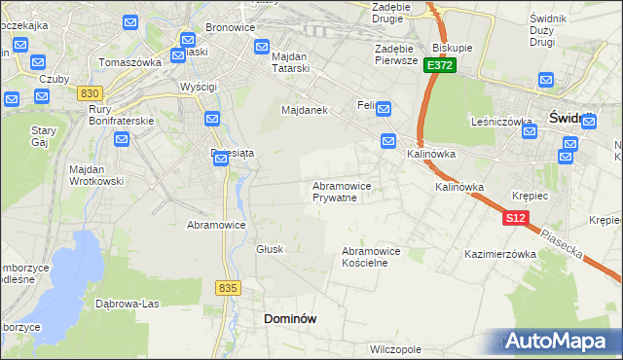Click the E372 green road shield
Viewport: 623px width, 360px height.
click(x=439, y=65)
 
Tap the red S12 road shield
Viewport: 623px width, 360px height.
click(x=516, y=219)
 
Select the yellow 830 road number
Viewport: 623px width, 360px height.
click(x=90, y=92)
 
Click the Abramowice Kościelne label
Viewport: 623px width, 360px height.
click(x=371, y=257)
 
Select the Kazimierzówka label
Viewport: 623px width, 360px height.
click(x=501, y=254)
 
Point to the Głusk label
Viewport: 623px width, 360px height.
click(x=270, y=249)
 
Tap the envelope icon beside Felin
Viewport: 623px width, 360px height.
click(x=384, y=109)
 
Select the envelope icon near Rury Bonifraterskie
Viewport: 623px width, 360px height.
click(x=122, y=140)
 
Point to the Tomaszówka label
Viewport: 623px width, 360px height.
click(x=129, y=62)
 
